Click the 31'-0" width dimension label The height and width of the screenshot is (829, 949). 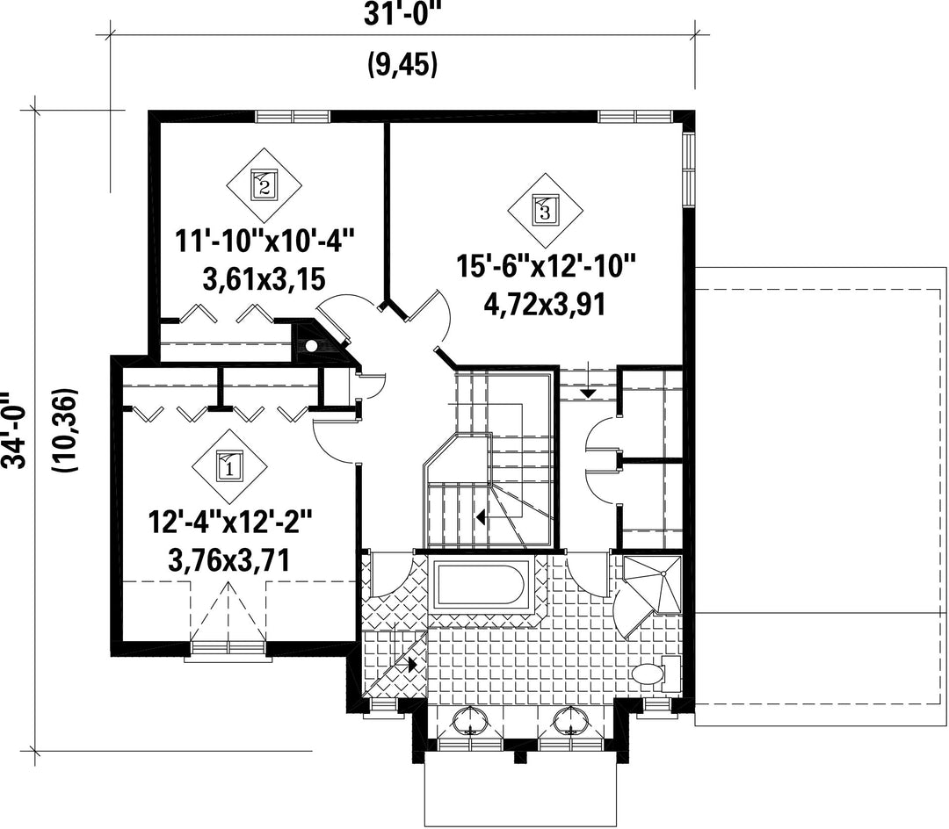[401, 15]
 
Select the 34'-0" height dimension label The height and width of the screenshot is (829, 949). [13, 430]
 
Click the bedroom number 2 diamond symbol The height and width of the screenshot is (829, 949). [264, 185]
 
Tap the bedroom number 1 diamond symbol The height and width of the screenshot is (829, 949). [229, 466]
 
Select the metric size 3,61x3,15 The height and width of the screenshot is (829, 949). [264, 279]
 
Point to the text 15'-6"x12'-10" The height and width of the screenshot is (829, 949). [546, 267]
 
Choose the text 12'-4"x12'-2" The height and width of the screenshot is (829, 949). [230, 523]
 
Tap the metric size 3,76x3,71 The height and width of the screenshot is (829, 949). [229, 560]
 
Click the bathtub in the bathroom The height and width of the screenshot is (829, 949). [482, 584]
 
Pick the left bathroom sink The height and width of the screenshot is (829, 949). [469, 719]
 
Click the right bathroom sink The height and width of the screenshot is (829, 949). [570, 719]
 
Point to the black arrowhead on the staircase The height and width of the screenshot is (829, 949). [481, 517]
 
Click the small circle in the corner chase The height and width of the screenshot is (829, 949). [312, 347]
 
